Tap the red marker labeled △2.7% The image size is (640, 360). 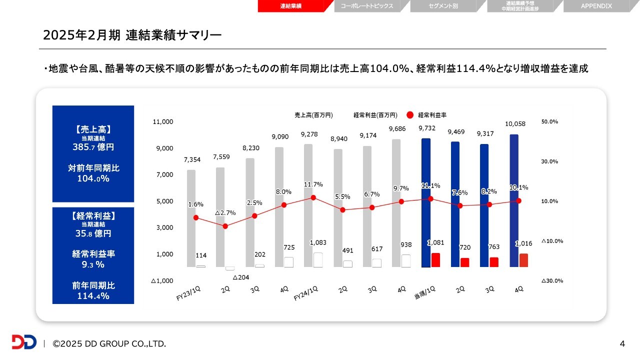pyautogui.click(x=225, y=226)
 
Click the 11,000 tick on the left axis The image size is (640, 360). pyautogui.click(x=163, y=122)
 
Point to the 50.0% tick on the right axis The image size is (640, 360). pyautogui.click(x=549, y=122)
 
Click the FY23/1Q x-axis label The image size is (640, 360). pyautogui.click(x=188, y=294)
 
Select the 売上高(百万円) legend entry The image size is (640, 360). pyautogui.click(x=313, y=115)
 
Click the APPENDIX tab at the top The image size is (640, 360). pyautogui.click(x=596, y=6)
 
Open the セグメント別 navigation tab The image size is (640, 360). pyautogui.click(x=443, y=6)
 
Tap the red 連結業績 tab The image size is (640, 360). pyautogui.click(x=290, y=6)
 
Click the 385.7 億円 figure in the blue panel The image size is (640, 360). pyautogui.click(x=93, y=147)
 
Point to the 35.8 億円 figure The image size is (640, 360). pyautogui.click(x=93, y=233)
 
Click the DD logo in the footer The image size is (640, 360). pyautogui.click(x=24, y=342)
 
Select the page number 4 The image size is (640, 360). pyautogui.click(x=622, y=343)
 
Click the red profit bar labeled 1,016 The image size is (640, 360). pyautogui.click(x=523, y=260)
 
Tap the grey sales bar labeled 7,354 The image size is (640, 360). pyautogui.click(x=191, y=218)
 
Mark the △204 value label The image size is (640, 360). pyautogui.click(x=240, y=277)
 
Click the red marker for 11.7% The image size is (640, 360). pyautogui.click(x=313, y=197)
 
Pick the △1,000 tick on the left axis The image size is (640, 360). pyautogui.click(x=162, y=281)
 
